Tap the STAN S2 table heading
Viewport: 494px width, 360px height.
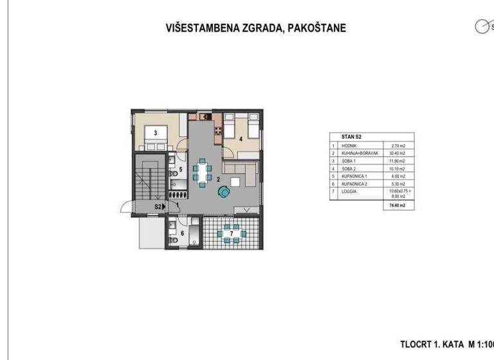[x=343, y=137]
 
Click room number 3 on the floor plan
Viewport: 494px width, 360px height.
[x=148, y=129]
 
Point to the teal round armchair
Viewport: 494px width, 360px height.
[x=224, y=192]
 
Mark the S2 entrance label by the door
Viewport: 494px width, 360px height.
[x=158, y=206]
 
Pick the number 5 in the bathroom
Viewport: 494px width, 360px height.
[x=181, y=170]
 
